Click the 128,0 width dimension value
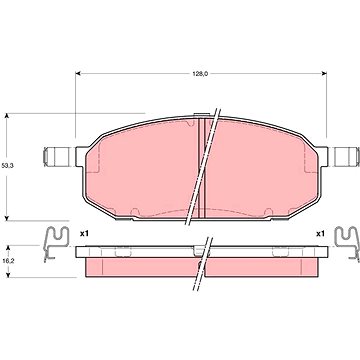[x=200, y=74]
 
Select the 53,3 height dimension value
[x=6, y=165]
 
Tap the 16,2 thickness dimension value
[x=6, y=262]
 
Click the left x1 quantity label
[x=84, y=234]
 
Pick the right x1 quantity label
[x=320, y=234]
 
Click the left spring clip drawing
[x=56, y=243]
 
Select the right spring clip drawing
[x=347, y=243]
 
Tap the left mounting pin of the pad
[x=56, y=157]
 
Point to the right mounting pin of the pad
[x=347, y=157]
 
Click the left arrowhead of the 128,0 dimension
[x=78, y=74]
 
